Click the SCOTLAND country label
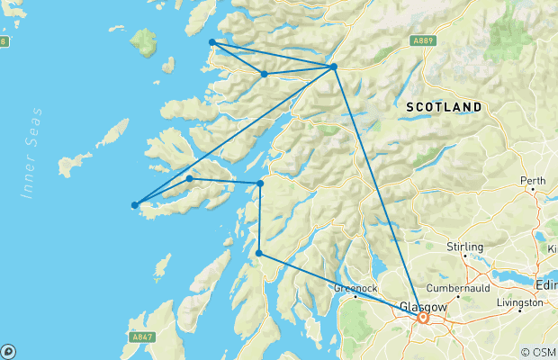tap(444, 106)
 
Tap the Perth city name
tap(534, 180)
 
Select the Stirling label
tap(464, 247)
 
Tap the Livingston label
tap(519, 303)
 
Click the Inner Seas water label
tap(35, 153)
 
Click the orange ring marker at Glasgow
tap(422, 317)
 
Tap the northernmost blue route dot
tap(212, 42)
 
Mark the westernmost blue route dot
tap(135, 205)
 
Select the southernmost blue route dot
tap(259, 253)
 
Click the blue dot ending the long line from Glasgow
tap(334, 67)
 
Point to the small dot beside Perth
tap(534, 191)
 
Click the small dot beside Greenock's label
tap(355, 297)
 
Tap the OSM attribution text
tap(540, 352)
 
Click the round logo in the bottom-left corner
tap(7, 352)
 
